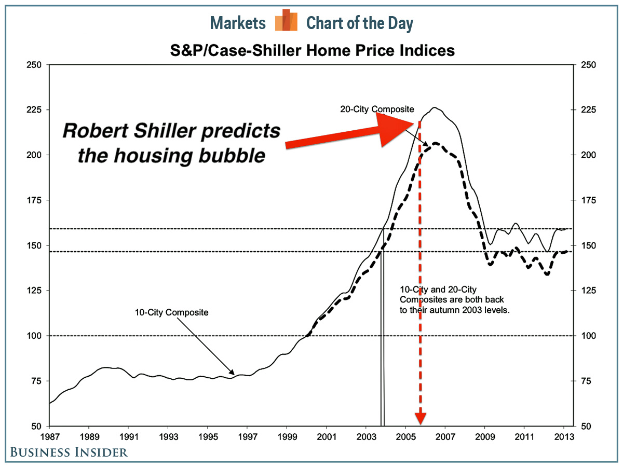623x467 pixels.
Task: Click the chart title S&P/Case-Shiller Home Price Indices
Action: click(313, 51)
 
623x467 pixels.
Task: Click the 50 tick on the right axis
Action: click(585, 427)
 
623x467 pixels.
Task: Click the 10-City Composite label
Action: click(171, 312)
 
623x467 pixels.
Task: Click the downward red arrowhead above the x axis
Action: click(420, 417)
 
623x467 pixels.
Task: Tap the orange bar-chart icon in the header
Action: click(286, 21)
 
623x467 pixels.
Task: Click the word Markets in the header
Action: click(238, 23)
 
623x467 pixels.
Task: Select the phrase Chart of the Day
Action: click(359, 23)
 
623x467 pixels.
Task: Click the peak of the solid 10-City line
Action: click(435, 108)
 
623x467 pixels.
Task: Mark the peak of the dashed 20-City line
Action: click(435, 143)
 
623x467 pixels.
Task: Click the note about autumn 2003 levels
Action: click(452, 300)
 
